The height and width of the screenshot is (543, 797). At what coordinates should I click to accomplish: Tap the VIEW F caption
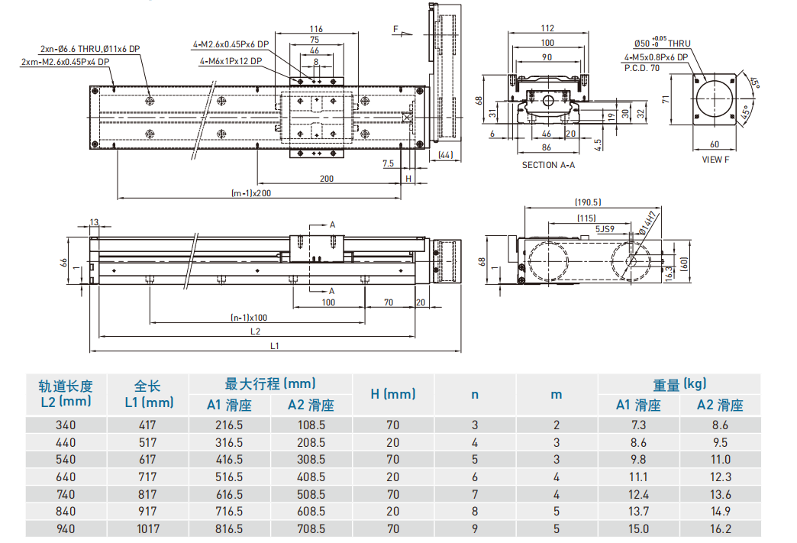click(x=715, y=160)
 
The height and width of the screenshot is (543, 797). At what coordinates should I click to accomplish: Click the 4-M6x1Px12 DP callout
click(x=231, y=61)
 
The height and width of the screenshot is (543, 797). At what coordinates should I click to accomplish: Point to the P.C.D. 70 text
click(x=641, y=68)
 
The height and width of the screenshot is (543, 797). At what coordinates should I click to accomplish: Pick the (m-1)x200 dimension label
click(x=251, y=193)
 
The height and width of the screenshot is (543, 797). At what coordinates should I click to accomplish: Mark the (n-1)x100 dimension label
click(x=249, y=317)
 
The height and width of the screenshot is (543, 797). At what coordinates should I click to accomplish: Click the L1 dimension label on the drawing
click(x=275, y=346)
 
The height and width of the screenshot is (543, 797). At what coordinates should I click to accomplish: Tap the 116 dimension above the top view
click(x=316, y=29)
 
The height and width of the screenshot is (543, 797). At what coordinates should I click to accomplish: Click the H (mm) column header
click(x=393, y=394)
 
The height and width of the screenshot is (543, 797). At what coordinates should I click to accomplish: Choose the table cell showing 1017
click(x=148, y=528)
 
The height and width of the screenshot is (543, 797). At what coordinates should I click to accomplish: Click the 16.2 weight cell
click(x=719, y=528)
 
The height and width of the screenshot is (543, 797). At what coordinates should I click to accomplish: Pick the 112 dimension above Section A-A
click(x=547, y=29)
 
